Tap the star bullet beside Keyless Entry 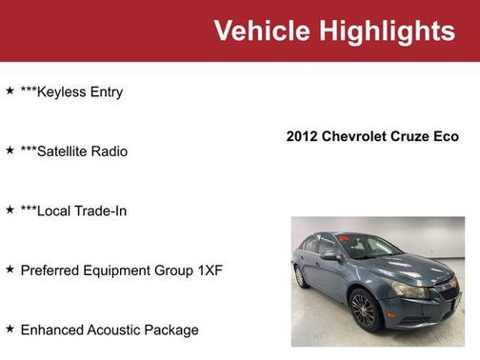[10, 91]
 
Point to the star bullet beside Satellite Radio [10, 150]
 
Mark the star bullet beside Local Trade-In [10, 210]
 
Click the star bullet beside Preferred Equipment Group [10, 270]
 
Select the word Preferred [52, 270]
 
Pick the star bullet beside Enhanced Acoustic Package [10, 329]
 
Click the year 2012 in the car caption [303, 136]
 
